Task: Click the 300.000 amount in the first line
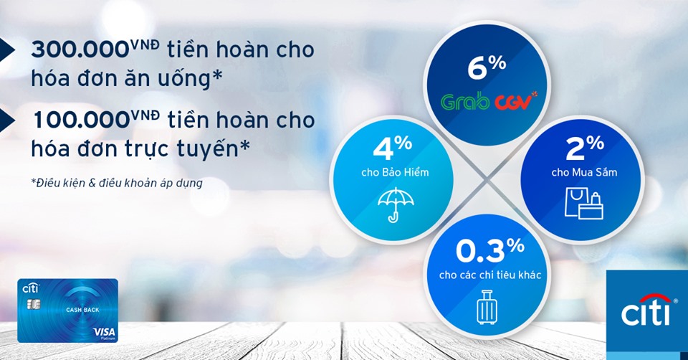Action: pyautogui.click(x=80, y=50)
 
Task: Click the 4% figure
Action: pyautogui.click(x=392, y=148)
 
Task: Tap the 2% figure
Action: pyautogui.click(x=585, y=148)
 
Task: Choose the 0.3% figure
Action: pyautogui.click(x=490, y=251)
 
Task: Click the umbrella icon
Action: pyautogui.click(x=396, y=204)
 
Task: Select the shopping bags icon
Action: pyautogui.click(x=584, y=203)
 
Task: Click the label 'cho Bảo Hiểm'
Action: pyautogui.click(x=395, y=172)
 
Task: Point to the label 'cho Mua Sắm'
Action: pyautogui.click(x=585, y=172)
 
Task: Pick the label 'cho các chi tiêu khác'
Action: pyautogui.click(x=490, y=275)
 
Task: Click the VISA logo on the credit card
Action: pyautogui.click(x=105, y=332)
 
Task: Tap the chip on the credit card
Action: pyautogui.click(x=34, y=303)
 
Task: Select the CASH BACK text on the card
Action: pyautogui.click(x=82, y=310)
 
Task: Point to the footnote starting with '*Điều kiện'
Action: pyautogui.click(x=117, y=183)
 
